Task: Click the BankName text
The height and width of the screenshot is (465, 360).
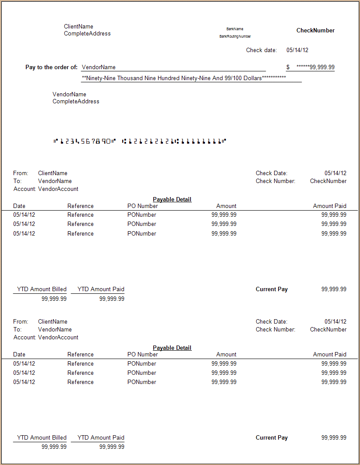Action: tap(235, 29)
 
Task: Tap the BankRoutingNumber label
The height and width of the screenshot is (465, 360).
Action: tap(235, 36)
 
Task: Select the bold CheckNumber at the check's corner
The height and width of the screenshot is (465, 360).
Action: tap(315, 31)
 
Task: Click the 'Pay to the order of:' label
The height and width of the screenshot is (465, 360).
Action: tap(52, 67)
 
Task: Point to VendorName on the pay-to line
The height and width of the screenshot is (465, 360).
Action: tap(99, 67)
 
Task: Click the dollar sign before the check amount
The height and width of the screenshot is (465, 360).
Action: tap(288, 67)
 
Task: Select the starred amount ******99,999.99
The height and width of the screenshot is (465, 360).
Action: tap(315, 67)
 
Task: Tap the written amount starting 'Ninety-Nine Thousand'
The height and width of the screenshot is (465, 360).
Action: tap(184, 78)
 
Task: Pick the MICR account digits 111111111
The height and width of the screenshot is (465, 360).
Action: tap(201, 141)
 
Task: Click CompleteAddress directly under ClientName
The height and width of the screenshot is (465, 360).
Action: tap(87, 34)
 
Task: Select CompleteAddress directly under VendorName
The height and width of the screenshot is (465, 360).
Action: tap(76, 102)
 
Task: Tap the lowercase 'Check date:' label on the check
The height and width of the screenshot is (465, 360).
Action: tap(261, 50)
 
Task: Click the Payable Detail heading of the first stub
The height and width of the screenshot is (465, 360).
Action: tap(172, 200)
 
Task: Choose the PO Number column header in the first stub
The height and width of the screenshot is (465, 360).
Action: tap(143, 206)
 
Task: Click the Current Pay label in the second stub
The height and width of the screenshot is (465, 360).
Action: tap(272, 438)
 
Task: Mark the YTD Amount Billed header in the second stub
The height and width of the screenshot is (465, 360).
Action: tap(42, 438)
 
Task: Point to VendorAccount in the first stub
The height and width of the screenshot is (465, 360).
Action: tap(58, 189)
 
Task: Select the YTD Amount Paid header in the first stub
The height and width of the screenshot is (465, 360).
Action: tap(101, 289)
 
